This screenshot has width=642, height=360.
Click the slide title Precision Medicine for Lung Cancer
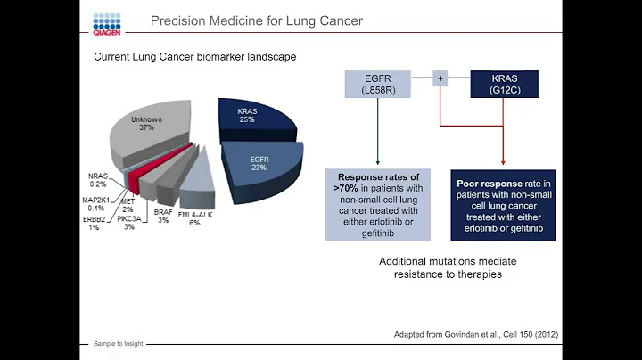point(256,20)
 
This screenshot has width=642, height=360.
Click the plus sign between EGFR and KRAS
point(439,79)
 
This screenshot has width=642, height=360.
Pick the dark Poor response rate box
point(504,203)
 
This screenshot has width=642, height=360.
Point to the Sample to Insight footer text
point(119,342)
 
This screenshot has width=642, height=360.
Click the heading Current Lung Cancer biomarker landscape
point(195,57)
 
